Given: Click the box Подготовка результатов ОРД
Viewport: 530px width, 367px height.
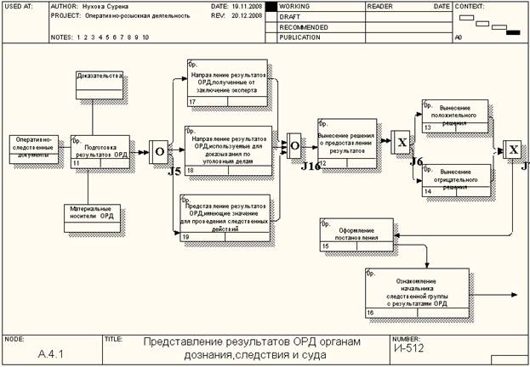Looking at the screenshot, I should point(100,150).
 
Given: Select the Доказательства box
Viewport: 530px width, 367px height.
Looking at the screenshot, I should point(100,86).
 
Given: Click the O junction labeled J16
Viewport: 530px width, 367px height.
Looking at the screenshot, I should point(294,145).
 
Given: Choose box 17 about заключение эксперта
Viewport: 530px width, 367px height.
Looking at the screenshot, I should point(227,83).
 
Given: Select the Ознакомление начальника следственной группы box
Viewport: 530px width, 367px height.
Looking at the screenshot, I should point(416,292).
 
